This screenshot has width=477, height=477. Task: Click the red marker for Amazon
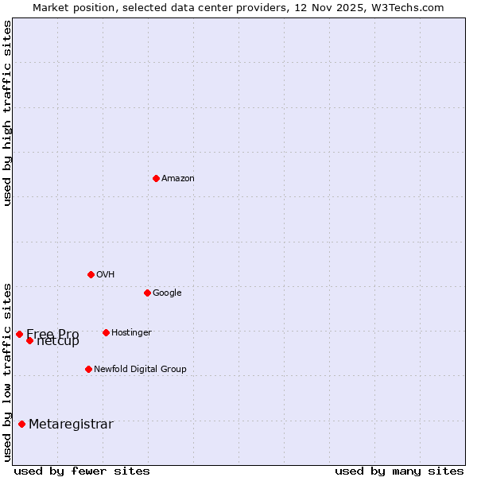tap(156, 178)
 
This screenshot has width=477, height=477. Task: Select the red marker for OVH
tap(91, 274)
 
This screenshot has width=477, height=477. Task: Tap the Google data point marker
tap(147, 293)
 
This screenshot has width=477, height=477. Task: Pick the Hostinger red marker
tap(106, 332)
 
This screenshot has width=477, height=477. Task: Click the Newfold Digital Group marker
tap(88, 369)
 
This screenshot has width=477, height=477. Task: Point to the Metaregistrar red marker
tap(21, 424)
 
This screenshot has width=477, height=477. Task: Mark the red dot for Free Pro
tap(19, 334)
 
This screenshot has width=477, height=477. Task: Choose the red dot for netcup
tap(29, 340)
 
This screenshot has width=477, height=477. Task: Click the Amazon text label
tap(178, 179)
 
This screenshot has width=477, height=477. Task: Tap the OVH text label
tap(106, 275)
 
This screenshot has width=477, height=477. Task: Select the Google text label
tap(167, 293)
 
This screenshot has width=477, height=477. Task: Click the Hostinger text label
tap(131, 333)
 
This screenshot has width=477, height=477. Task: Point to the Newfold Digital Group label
tap(140, 370)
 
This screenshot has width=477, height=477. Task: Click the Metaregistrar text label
tap(71, 425)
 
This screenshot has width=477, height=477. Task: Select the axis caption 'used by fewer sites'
tap(82, 471)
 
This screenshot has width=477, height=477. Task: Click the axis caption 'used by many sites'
tap(399, 471)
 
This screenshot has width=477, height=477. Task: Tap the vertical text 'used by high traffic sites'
tap(7, 113)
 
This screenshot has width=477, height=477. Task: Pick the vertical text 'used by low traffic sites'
tap(7, 371)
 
